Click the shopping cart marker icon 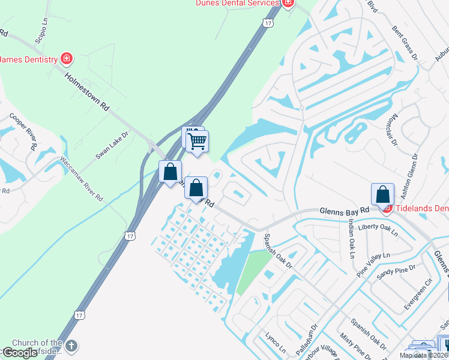tap(197, 142)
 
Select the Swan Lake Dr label tap(112, 145)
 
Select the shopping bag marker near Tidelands tap(382, 194)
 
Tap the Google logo tap(20, 353)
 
